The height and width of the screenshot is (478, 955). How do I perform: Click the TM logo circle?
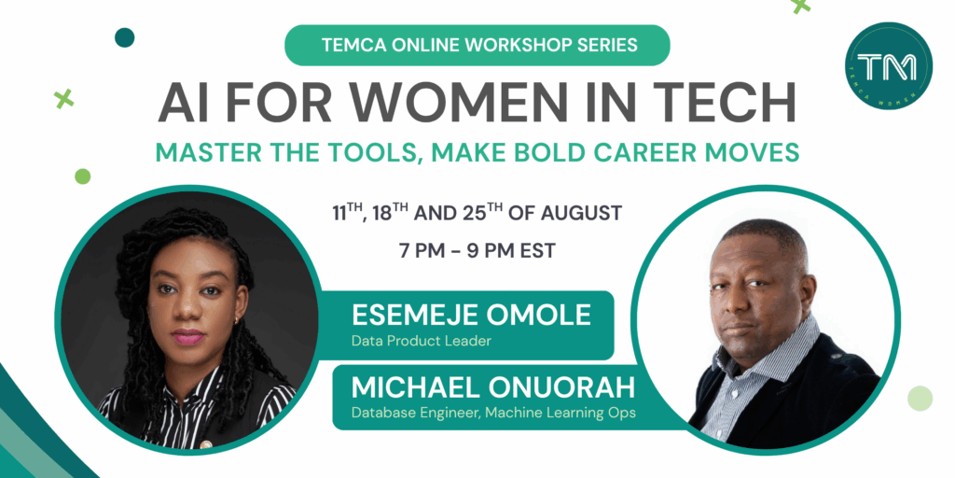889,66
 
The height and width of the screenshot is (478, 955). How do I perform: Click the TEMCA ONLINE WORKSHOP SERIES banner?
477,45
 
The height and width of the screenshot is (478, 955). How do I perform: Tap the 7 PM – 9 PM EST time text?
477,250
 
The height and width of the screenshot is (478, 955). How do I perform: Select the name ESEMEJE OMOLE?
471,315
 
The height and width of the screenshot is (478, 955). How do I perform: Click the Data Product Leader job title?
421,341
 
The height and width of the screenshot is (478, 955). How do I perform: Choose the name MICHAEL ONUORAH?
493,387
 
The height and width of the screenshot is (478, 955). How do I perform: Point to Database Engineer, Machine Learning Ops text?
493,413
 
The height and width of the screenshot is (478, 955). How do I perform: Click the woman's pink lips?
187,336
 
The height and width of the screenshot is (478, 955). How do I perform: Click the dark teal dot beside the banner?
124,37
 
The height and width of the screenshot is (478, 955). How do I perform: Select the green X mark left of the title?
63,98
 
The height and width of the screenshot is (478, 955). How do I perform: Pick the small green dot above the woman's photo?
82,176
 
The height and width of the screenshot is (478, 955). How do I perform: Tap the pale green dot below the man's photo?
920,398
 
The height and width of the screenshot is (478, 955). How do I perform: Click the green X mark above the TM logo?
800,5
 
